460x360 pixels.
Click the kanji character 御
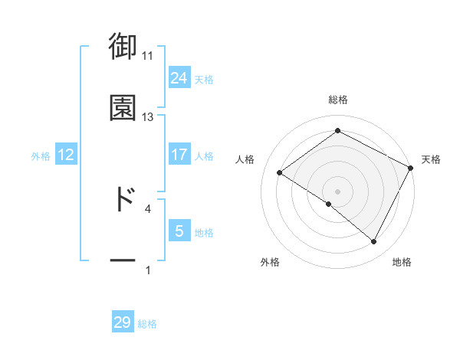[123, 47]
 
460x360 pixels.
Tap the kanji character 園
[123, 108]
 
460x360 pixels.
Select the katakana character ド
[123, 198]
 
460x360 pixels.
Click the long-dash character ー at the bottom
[123, 261]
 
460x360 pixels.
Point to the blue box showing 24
[179, 78]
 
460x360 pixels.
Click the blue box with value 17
[179, 155]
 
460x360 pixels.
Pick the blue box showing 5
[179, 231]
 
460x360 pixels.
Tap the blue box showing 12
[66, 155]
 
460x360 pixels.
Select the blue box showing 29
[123, 322]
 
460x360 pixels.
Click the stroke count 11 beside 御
[148, 56]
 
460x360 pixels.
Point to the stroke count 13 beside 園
[148, 117]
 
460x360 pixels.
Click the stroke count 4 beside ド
[148, 208]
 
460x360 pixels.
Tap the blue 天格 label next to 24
[204, 79]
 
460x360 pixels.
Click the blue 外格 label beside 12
[41, 155]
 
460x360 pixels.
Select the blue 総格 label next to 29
[147, 323]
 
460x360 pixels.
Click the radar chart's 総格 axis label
[338, 100]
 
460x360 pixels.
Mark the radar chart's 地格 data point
[374, 242]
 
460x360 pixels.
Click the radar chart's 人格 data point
[280, 172]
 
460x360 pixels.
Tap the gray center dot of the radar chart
[337, 191]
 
